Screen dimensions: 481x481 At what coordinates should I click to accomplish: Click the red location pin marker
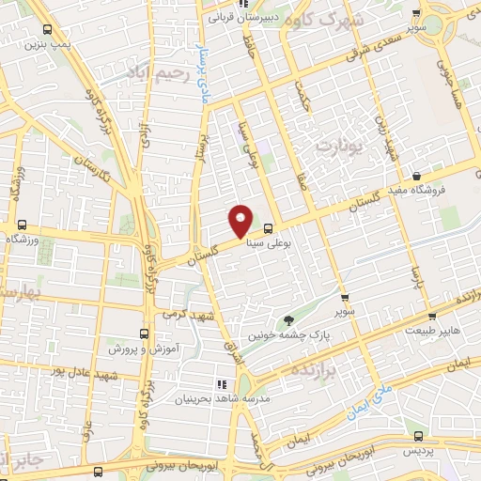pyautogui.click(x=240, y=220)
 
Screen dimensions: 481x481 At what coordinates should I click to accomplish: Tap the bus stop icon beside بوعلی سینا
pyautogui.click(x=269, y=227)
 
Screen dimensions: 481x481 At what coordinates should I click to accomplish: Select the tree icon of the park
pyautogui.click(x=288, y=321)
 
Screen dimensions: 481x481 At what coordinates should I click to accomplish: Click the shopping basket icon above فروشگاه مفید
pyautogui.click(x=416, y=175)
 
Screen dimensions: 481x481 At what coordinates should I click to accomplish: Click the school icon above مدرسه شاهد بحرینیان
pyautogui.click(x=223, y=384)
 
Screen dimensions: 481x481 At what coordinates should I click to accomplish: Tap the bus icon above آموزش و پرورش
pyautogui.click(x=144, y=334)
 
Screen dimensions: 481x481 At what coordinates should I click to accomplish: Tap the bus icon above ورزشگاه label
pyautogui.click(x=22, y=225)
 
